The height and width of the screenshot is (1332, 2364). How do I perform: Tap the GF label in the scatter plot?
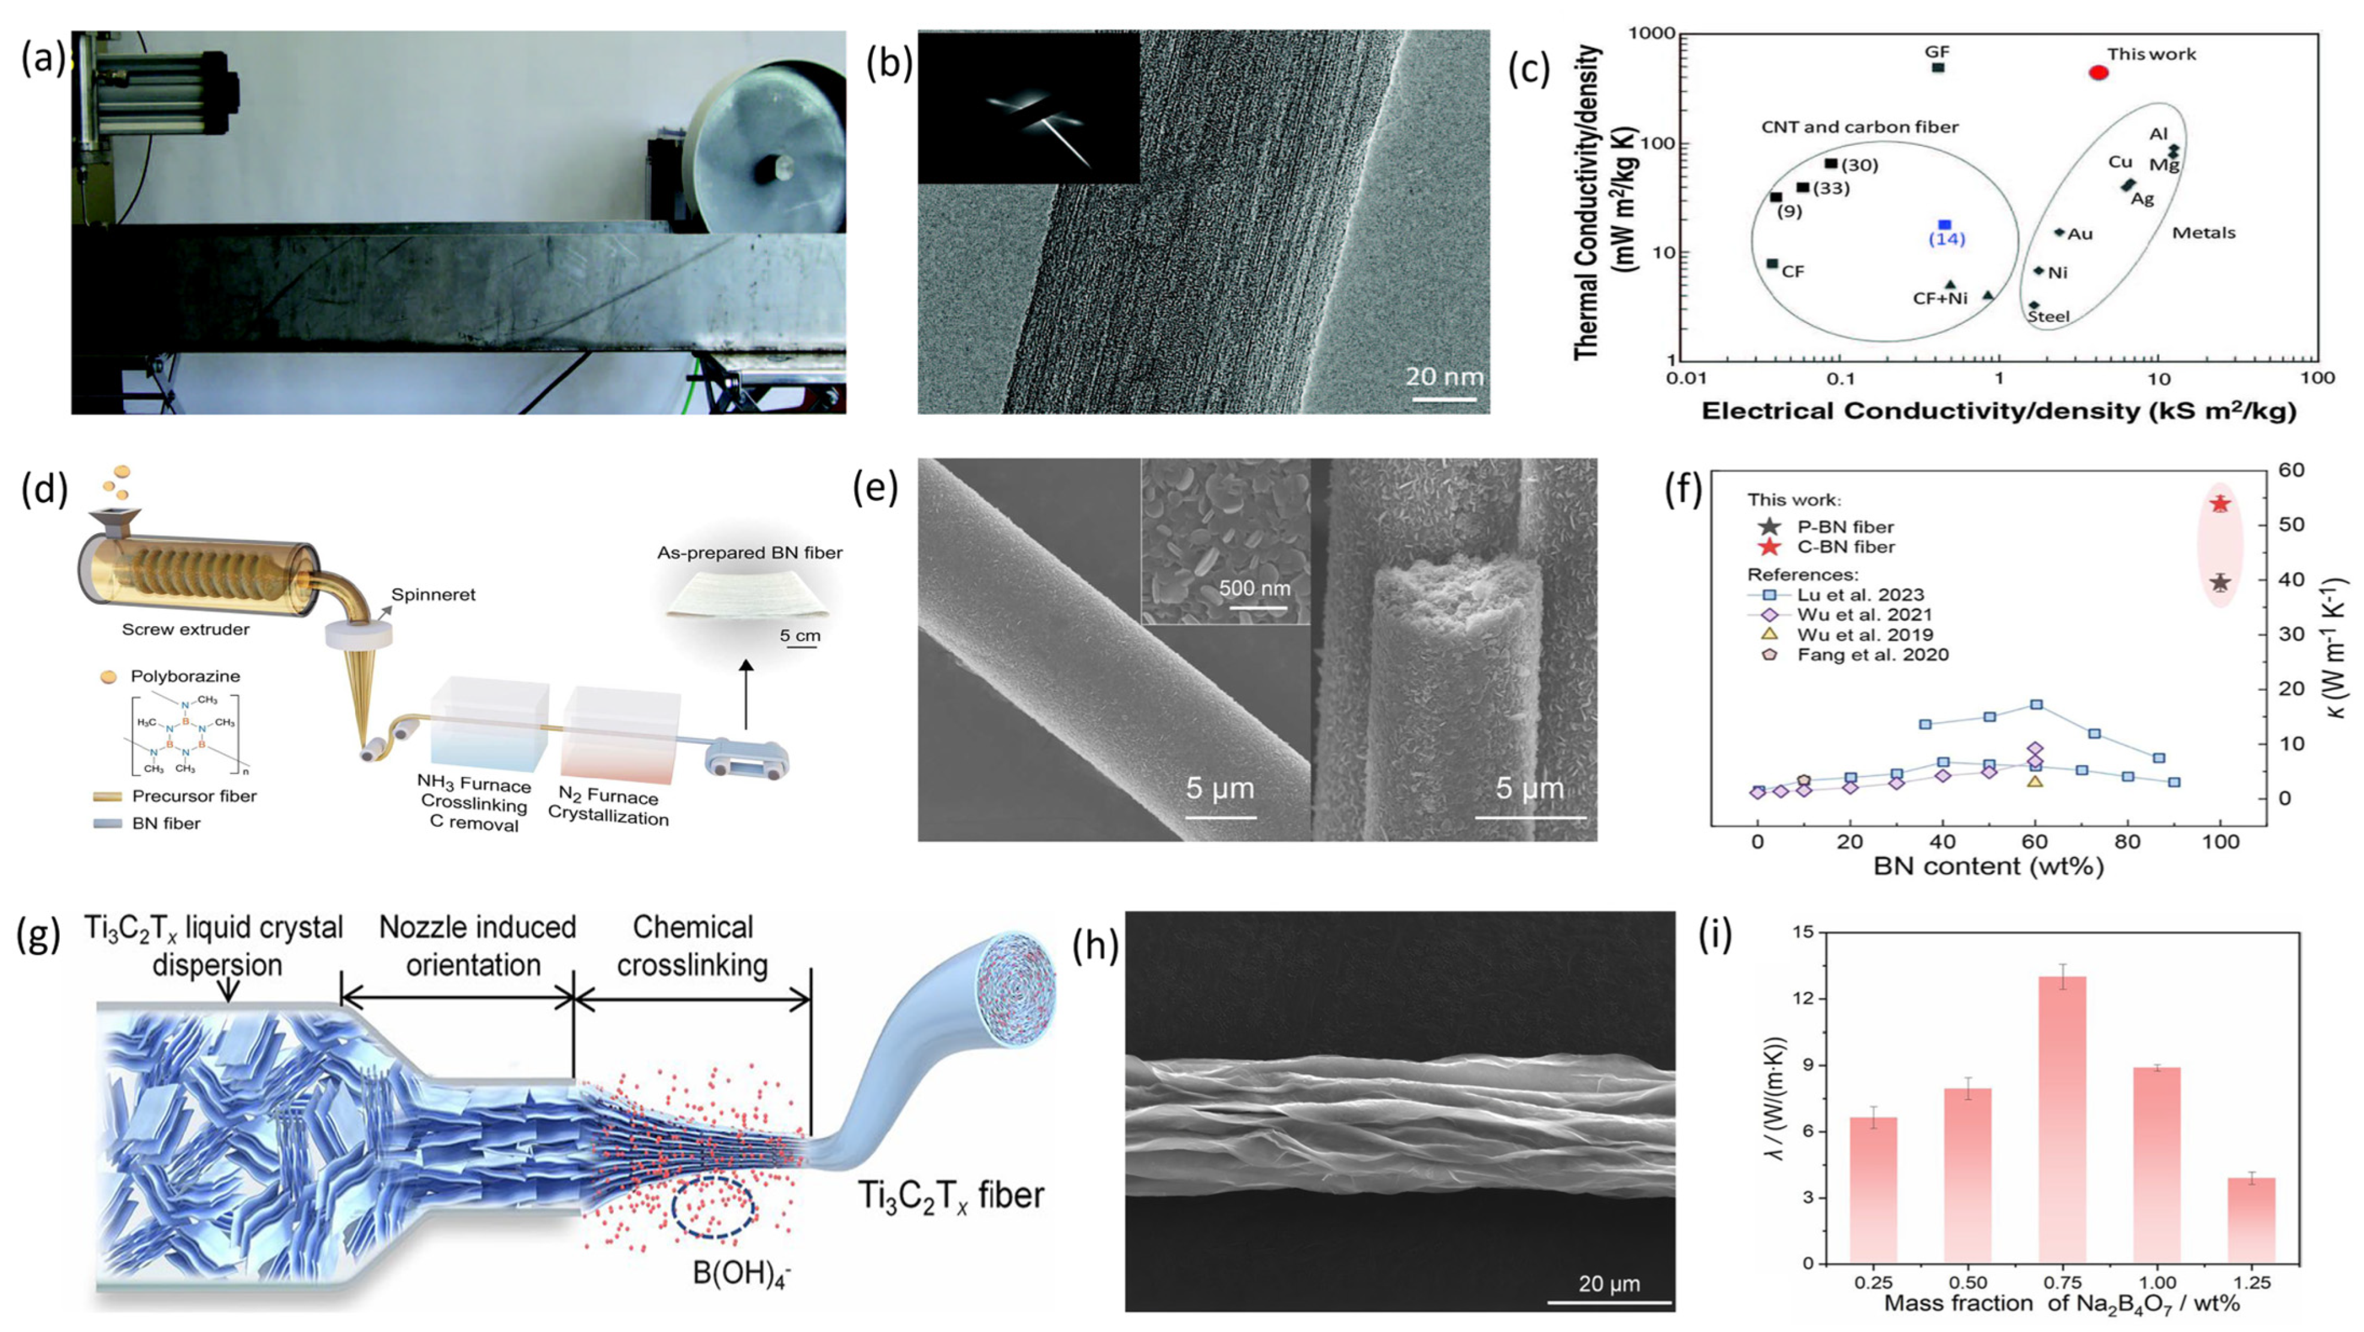coord(1938,52)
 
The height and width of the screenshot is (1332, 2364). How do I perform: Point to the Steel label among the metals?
coord(2049,317)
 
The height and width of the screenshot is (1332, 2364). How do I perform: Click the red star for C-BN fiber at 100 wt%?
coord(2220,504)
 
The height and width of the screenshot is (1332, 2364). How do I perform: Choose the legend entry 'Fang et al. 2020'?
coord(1872,654)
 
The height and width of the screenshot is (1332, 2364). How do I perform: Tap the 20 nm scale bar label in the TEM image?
coord(1443,376)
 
